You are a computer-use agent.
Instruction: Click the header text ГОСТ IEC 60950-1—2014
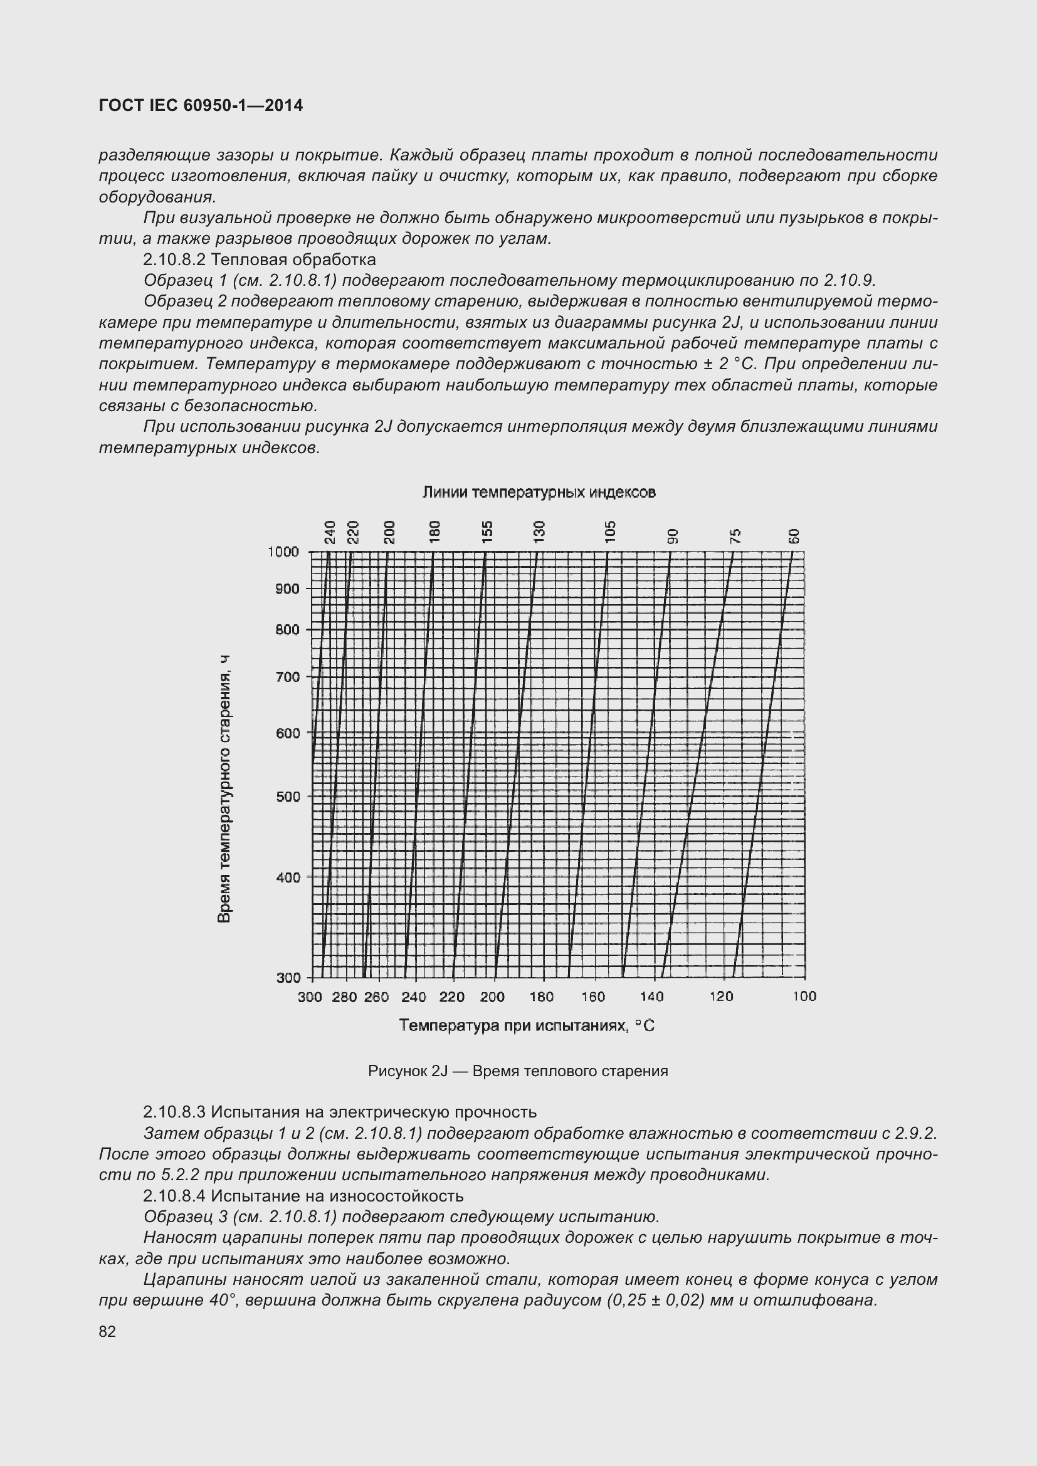pos(201,105)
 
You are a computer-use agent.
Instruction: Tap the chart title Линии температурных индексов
pos(539,492)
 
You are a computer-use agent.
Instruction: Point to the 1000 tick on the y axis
pos(283,552)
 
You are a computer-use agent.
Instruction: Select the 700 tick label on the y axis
pos(287,677)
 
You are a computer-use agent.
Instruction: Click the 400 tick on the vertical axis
pos(287,878)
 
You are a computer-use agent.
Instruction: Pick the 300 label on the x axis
pos(310,997)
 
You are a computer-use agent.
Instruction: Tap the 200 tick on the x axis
pos(492,997)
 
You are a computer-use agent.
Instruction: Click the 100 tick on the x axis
pos(804,997)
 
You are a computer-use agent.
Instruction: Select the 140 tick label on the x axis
pos(652,997)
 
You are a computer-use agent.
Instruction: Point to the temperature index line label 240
pos(330,532)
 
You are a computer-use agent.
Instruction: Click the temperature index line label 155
pos(487,532)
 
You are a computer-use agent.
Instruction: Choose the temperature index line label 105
pos(611,532)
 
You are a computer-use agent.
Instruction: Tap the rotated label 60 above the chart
pos(794,536)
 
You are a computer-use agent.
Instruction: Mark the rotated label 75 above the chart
pos(735,536)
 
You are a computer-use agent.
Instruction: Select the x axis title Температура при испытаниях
pos(527,1025)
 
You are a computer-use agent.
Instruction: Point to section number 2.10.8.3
pos(174,1113)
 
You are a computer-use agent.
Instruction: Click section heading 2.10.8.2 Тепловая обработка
pos(260,260)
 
